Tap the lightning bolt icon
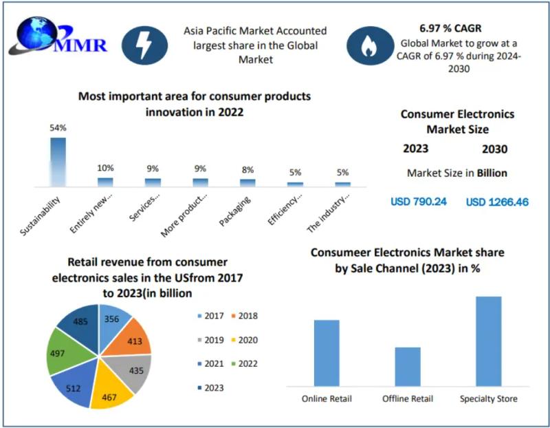click(x=144, y=46)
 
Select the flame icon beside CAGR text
click(x=369, y=45)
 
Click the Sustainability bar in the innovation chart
click(x=58, y=161)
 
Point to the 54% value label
click(x=58, y=129)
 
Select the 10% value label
click(x=105, y=168)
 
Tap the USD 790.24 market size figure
click(x=419, y=202)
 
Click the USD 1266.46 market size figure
click(x=497, y=202)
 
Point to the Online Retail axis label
click(x=327, y=399)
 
